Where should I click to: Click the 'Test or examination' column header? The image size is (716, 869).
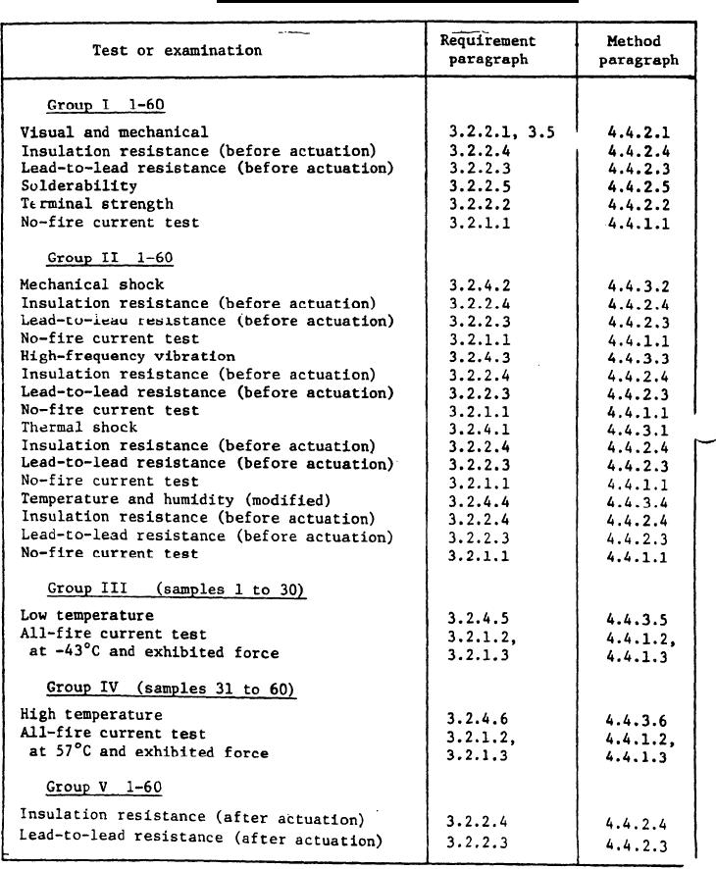click(x=178, y=50)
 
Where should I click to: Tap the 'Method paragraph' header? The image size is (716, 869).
click(x=639, y=50)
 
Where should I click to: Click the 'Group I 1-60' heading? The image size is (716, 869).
click(x=95, y=105)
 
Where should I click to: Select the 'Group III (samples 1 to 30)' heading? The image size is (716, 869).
click(x=177, y=589)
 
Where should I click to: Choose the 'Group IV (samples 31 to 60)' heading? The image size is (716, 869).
click(x=172, y=689)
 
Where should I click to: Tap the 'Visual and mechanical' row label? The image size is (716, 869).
click(x=115, y=131)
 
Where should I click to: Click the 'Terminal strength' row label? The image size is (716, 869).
click(x=97, y=204)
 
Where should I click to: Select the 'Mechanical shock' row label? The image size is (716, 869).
click(x=92, y=284)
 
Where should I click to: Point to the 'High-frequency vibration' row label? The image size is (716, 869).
click(x=128, y=356)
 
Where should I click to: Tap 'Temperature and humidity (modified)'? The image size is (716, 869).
click(x=176, y=499)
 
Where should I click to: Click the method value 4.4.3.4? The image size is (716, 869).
click(x=637, y=500)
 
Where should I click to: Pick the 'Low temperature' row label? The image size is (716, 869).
click(x=86, y=615)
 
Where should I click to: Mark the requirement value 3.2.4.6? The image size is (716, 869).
click(x=478, y=717)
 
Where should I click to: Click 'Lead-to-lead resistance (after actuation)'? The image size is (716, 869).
click(x=201, y=840)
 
